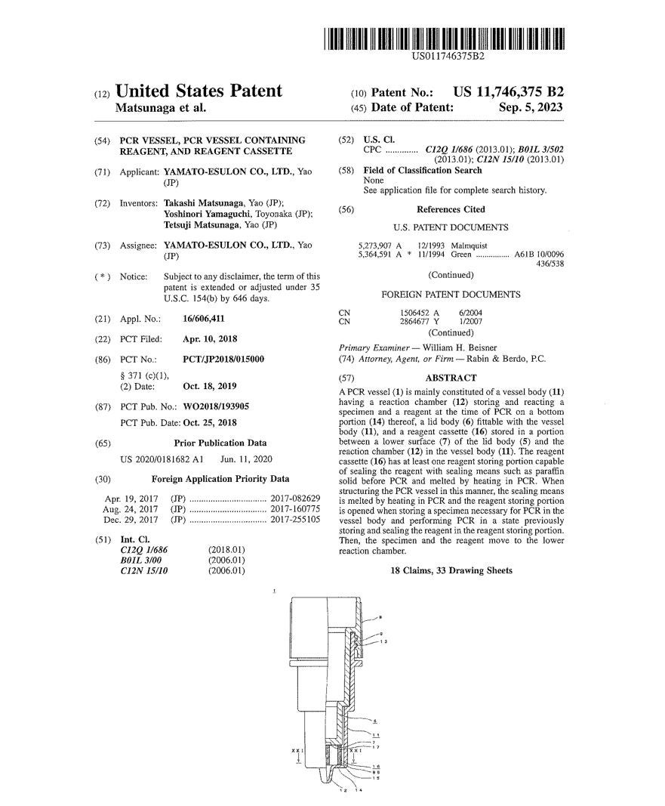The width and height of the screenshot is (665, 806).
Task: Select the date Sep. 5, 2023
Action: (531, 108)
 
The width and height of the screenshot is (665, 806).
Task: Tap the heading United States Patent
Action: (199, 92)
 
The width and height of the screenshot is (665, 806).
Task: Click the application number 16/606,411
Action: (204, 319)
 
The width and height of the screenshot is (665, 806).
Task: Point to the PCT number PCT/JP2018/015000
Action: (224, 359)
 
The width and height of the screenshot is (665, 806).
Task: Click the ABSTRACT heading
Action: (451, 378)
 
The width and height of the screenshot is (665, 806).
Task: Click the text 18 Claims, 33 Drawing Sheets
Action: (451, 571)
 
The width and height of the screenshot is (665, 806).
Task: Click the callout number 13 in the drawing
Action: (384, 641)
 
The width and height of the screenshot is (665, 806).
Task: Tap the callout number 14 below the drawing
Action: (359, 790)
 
